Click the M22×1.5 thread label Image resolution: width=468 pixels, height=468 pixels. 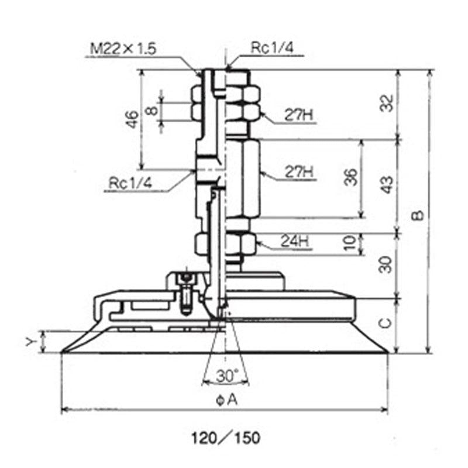(123, 49)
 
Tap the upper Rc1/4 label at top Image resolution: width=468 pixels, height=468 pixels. (272, 48)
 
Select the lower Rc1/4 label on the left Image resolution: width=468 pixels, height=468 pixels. (130, 183)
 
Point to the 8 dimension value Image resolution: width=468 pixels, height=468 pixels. (152, 111)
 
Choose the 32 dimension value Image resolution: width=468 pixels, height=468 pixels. (387, 103)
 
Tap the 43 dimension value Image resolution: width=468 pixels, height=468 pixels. (387, 185)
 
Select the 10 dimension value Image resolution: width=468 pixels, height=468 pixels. (352, 242)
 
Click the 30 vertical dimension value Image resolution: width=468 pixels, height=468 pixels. (386, 264)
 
